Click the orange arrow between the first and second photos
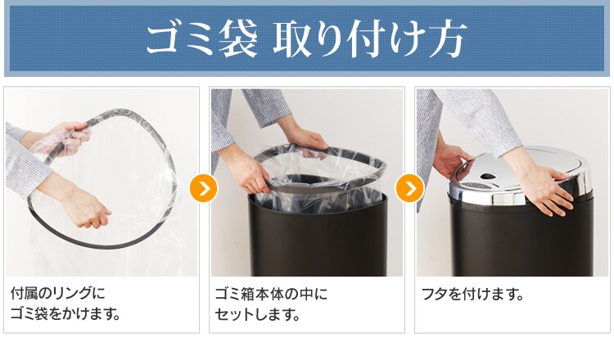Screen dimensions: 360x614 (x=203, y=188)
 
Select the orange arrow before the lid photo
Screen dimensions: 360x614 (x=409, y=188)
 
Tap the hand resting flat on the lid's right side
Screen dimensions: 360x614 (x=544, y=185)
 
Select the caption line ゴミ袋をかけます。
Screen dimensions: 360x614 (x=65, y=313)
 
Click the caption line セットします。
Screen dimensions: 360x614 (x=258, y=313)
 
